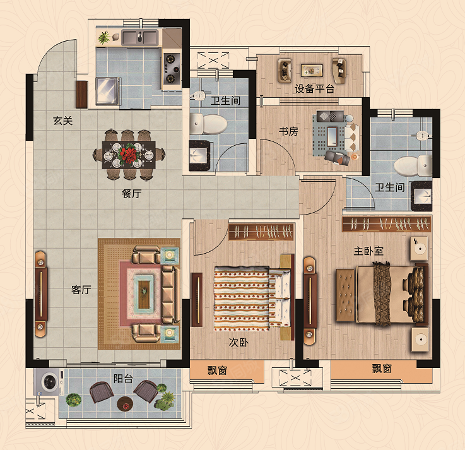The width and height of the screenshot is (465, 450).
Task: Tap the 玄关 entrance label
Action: click(63, 121)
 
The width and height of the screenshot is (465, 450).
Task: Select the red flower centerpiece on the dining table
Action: click(129, 153)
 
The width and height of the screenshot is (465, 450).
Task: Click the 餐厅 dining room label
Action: click(132, 194)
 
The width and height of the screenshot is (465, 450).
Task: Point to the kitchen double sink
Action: click(139, 37)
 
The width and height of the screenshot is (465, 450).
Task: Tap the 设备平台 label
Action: click(315, 88)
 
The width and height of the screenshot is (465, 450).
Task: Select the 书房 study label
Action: click(288, 131)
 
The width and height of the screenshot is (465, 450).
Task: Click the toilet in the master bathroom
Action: click(413, 165)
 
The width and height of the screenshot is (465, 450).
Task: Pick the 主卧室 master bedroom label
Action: click(368, 251)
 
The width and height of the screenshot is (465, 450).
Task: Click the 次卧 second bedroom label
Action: click(238, 342)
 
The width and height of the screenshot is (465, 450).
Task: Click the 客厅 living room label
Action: click(81, 290)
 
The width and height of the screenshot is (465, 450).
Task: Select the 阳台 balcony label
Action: click(123, 379)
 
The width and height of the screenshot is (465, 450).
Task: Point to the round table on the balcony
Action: click(126, 403)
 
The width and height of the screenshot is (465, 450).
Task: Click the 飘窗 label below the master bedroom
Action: click(382, 369)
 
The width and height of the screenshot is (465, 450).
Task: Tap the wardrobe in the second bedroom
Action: click(261, 232)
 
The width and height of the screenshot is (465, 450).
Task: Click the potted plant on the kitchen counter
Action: click(104, 38)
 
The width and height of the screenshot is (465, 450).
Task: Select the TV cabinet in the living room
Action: click(41, 294)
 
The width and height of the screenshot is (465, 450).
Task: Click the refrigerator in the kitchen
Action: click(107, 91)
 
